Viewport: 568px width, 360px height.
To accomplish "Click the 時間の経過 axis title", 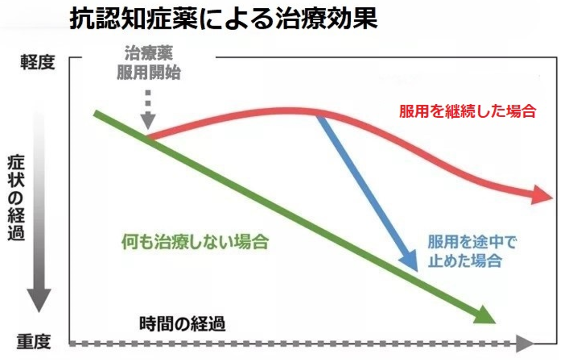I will [x=183, y=323].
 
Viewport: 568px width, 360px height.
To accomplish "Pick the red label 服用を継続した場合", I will [x=467, y=111].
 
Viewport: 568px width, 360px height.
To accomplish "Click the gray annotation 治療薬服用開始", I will [x=148, y=63].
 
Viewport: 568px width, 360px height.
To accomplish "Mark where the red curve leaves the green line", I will [x=149, y=138].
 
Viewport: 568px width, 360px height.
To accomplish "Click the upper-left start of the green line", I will [x=96, y=112].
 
